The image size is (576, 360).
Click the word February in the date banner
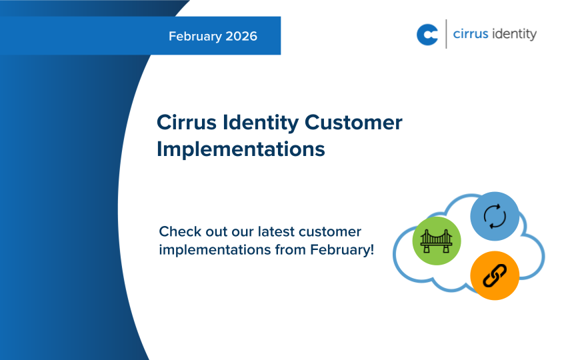195,37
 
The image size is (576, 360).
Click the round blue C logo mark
427,35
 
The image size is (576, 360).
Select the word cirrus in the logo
471,34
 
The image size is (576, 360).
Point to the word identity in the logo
514,35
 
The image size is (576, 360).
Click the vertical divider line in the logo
445,34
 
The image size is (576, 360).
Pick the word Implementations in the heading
241,149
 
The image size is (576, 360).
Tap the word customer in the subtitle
330,233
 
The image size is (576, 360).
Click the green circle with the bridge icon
437,240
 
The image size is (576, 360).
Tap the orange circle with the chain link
495,275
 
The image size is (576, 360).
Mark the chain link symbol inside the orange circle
495,275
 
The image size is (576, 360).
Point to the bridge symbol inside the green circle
437,240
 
